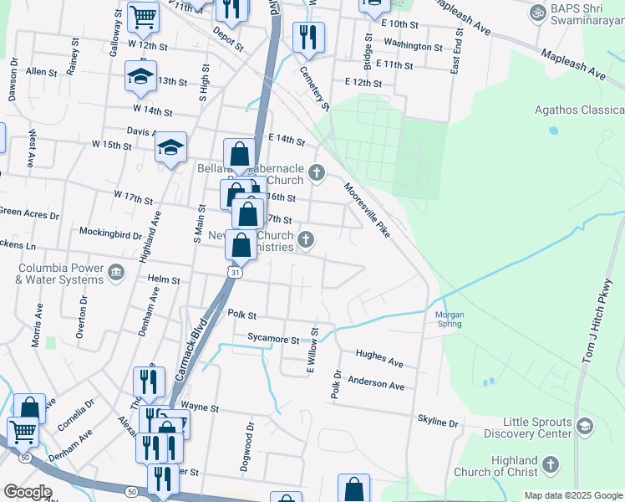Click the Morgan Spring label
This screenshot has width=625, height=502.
[450, 320]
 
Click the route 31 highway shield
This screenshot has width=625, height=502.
[237, 272]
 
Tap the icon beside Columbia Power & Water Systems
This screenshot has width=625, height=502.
[116, 271]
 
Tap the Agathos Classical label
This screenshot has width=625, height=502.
[579, 110]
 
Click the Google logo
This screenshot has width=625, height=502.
[27, 491]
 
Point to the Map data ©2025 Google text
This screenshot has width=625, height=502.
[572, 495]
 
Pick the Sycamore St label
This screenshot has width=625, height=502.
[273, 340]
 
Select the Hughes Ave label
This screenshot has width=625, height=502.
[380, 358]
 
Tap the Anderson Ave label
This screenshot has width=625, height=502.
[376, 384]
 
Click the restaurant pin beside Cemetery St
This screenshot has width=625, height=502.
[307, 36]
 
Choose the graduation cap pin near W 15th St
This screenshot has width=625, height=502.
[171, 148]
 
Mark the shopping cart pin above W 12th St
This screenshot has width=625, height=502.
[144, 16]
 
